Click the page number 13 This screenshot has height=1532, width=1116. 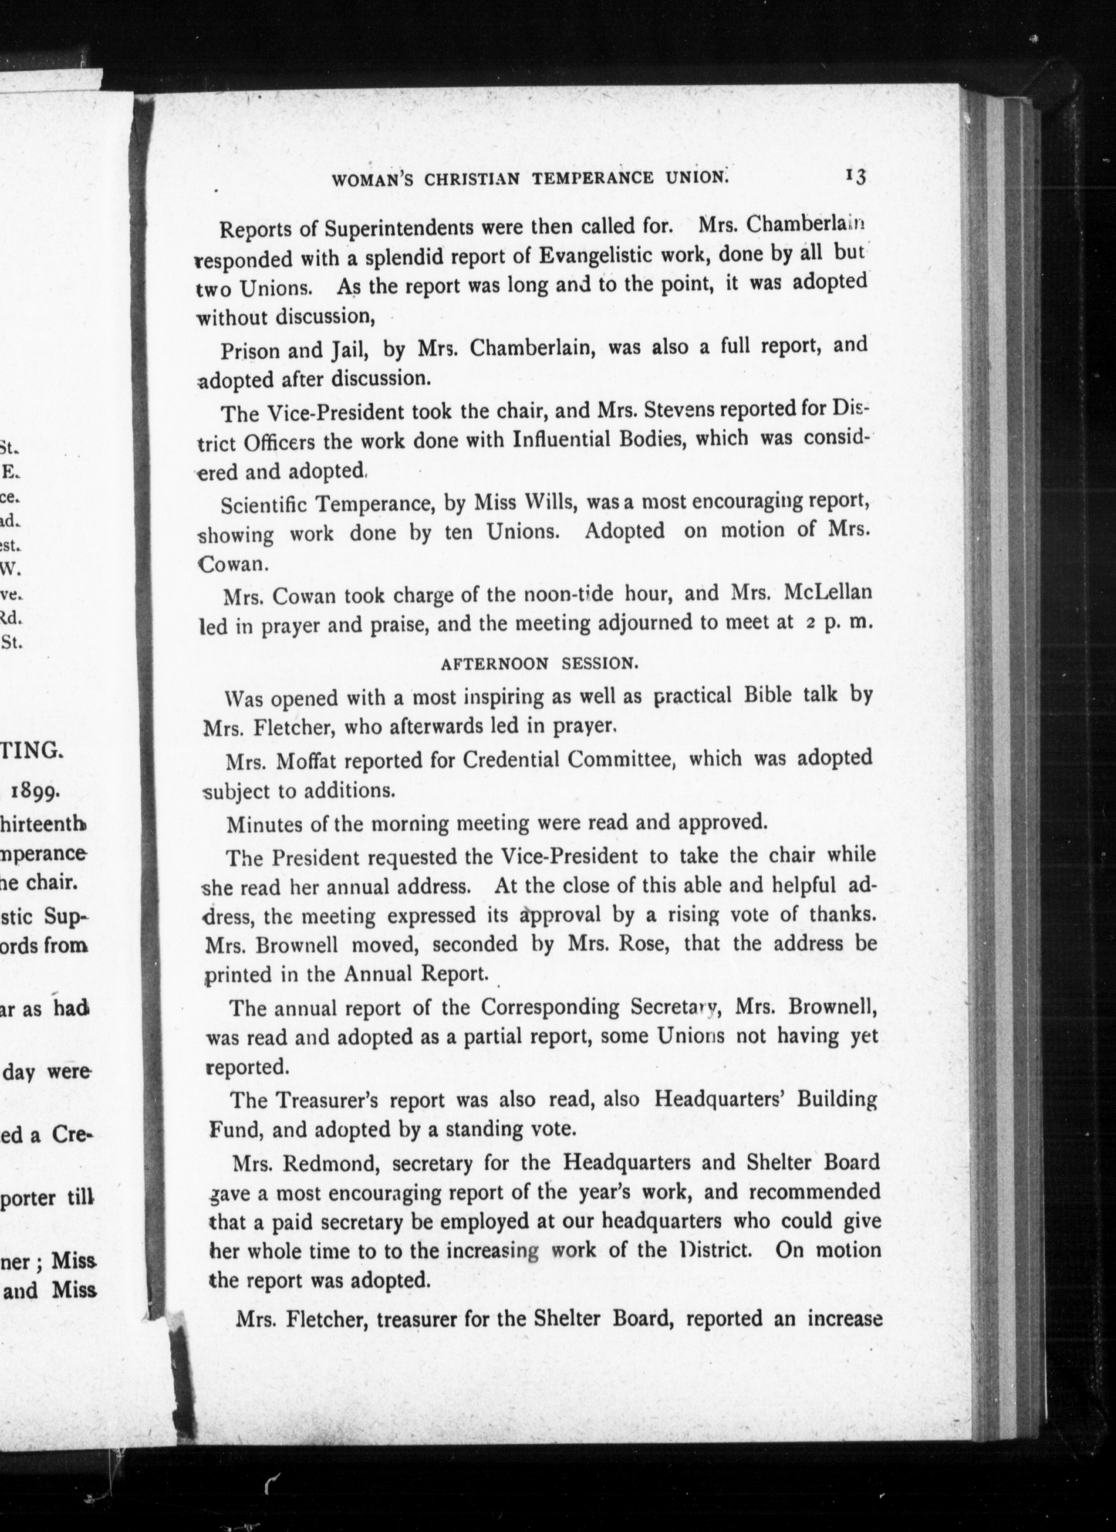(855, 176)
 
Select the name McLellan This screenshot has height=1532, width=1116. (828, 592)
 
